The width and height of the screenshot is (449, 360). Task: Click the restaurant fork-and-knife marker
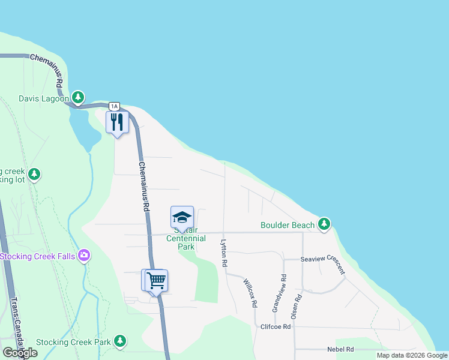(x=117, y=122)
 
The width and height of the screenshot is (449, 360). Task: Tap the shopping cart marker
(x=155, y=280)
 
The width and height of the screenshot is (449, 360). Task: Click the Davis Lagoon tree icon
(x=77, y=97)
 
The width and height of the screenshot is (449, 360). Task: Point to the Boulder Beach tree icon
(x=324, y=224)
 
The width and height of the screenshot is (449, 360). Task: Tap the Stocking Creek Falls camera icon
(x=83, y=256)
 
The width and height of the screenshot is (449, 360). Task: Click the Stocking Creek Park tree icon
(x=120, y=341)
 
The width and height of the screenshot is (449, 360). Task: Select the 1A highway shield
(x=114, y=106)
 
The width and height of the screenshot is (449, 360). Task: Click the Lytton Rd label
(x=223, y=253)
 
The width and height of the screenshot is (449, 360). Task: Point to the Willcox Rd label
(x=250, y=293)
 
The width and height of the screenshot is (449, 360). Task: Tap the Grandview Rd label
(x=280, y=293)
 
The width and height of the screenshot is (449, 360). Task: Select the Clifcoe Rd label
(x=276, y=327)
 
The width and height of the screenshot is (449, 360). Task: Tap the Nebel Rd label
(x=340, y=349)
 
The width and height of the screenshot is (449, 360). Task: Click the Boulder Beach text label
(x=288, y=225)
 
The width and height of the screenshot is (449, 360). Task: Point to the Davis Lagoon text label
(x=44, y=98)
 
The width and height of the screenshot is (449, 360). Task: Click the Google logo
(x=20, y=353)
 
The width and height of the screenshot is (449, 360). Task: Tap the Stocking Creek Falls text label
(x=38, y=257)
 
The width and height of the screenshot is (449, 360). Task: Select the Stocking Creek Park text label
(x=73, y=342)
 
